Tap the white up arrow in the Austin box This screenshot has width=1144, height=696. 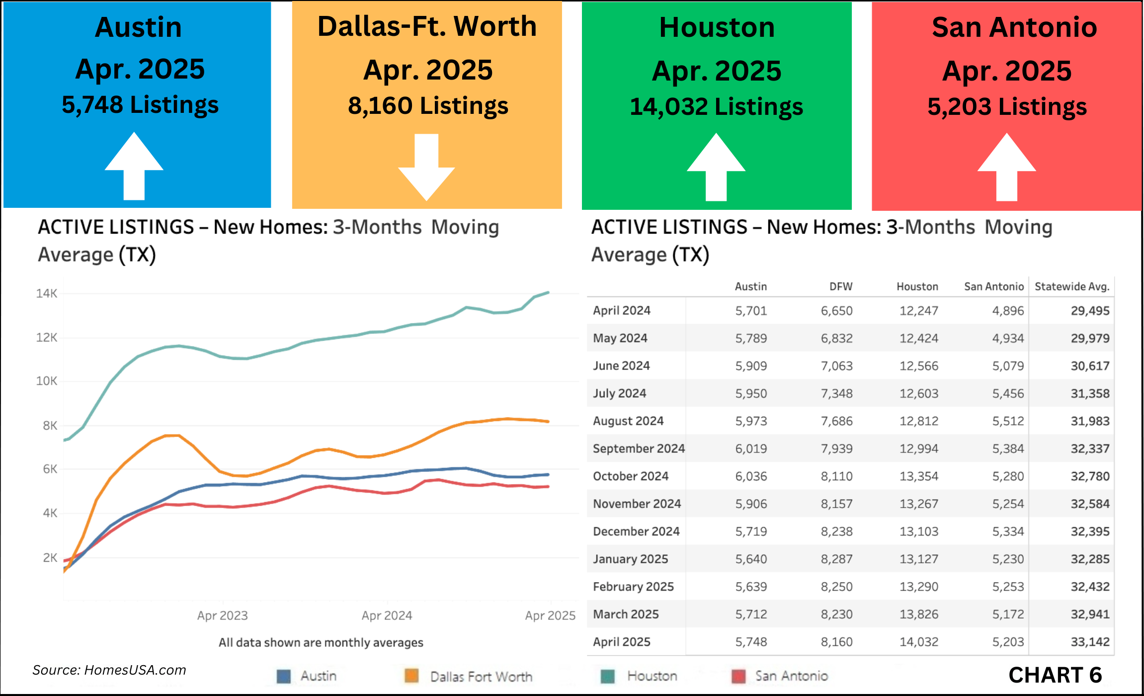134,167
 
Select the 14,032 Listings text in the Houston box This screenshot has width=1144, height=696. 716,107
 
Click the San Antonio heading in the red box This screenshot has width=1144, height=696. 1014,27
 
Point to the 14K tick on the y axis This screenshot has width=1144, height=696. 46,293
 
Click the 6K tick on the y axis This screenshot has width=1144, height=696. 50,469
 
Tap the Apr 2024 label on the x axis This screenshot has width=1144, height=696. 387,615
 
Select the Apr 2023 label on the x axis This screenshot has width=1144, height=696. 222,615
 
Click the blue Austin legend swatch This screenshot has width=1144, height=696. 283,676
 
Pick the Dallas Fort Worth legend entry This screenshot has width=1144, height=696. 481,677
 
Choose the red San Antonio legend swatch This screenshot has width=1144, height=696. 738,676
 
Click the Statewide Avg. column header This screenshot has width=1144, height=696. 1072,286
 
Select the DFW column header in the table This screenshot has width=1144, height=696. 840,286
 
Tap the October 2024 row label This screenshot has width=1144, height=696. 630,476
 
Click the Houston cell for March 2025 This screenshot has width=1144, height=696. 918,614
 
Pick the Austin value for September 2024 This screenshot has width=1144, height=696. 751,448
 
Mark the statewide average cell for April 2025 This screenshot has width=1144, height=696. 1090,642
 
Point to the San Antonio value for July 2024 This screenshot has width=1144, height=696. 1008,393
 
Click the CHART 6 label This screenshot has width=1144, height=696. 1055,675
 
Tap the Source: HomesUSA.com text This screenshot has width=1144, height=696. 109,670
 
